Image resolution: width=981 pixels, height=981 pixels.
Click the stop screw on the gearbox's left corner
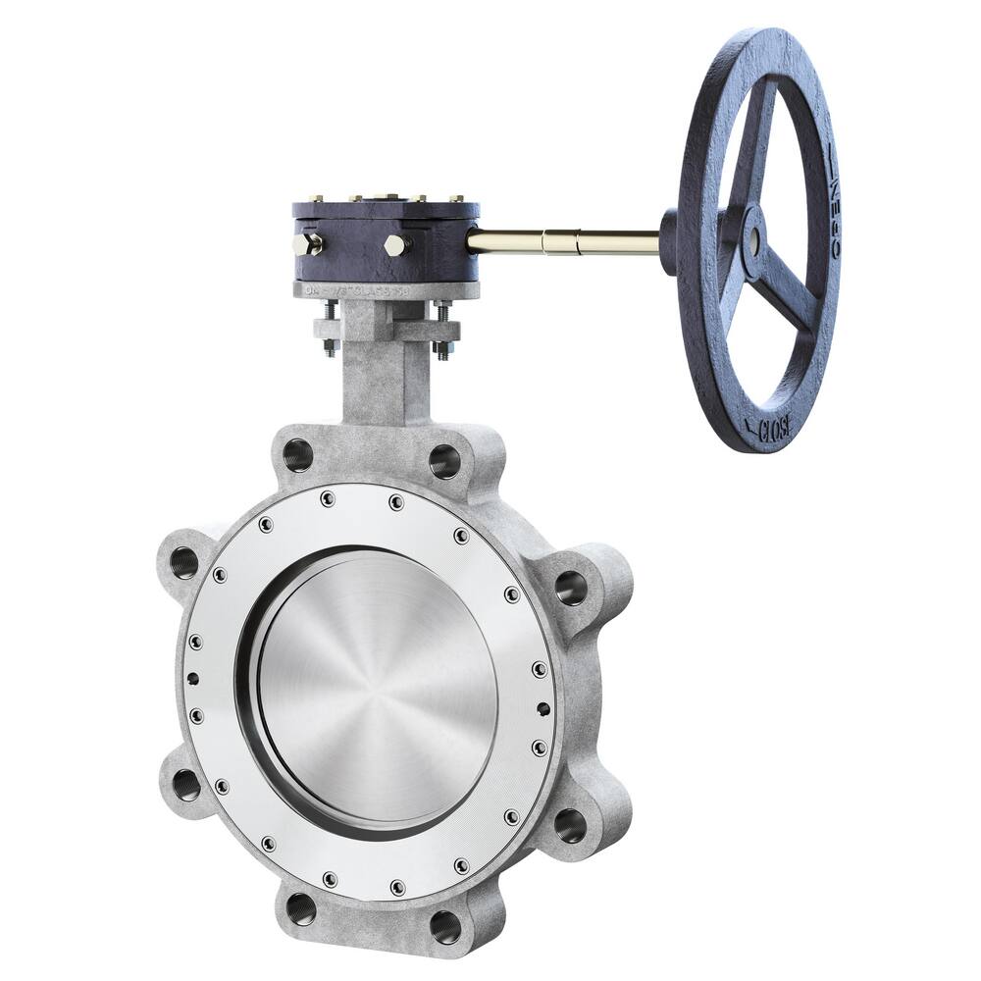pos(307,243)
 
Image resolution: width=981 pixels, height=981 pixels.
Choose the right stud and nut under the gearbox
pos(442,329)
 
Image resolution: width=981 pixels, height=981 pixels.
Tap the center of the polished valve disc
pos(379,686)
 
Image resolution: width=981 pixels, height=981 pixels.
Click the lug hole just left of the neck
pos(297,455)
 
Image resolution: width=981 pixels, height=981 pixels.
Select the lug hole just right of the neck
pos(444,459)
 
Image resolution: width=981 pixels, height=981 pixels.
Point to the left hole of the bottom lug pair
pos(301,908)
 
